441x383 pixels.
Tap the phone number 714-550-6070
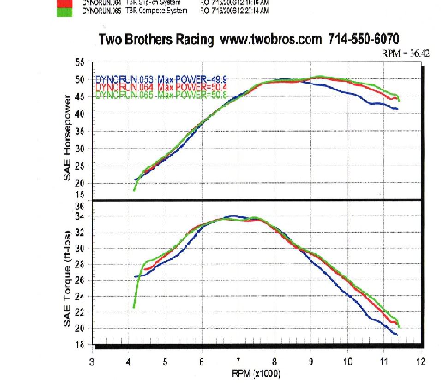coord(364,39)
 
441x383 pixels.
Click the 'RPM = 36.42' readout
coord(406,53)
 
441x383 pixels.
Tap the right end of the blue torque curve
coord(397,334)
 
